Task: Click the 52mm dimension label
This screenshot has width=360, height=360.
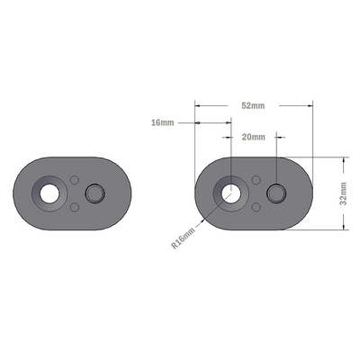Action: coord(253,106)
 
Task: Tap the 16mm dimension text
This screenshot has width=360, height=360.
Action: coord(163,122)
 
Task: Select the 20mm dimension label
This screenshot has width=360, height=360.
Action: coord(253,137)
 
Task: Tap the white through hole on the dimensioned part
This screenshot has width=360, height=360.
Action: coord(231,192)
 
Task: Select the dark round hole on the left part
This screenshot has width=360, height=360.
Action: coord(94,193)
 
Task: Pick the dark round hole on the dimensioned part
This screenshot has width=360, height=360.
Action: coord(277,193)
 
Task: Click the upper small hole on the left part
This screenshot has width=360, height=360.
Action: coord(75,178)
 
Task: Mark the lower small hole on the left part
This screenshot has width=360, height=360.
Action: coord(75,207)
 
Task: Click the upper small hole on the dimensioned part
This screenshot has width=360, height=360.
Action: coord(257,178)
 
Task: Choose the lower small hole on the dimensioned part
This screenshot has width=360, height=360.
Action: coord(257,207)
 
